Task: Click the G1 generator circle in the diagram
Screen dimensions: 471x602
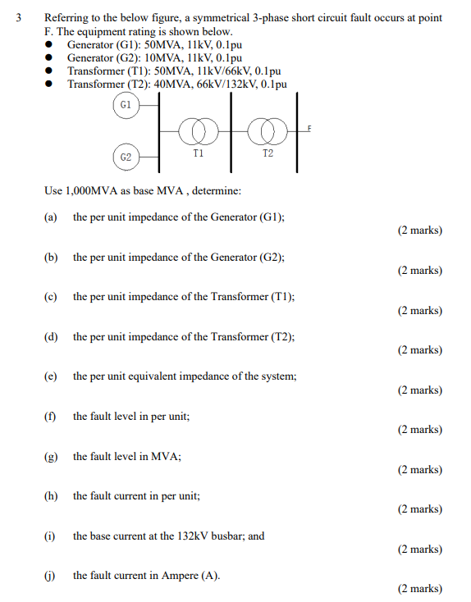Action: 125,105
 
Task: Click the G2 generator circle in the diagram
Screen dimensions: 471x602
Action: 125,156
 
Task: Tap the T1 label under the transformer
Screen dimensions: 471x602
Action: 199,153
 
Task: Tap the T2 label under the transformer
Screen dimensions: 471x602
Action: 268,153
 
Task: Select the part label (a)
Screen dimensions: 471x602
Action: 51,217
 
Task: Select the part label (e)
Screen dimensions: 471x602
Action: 51,376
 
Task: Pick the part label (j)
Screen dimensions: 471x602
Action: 51,576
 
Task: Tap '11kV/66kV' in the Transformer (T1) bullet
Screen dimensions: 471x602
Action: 215,71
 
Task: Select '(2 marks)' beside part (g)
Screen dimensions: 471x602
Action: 419,470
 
